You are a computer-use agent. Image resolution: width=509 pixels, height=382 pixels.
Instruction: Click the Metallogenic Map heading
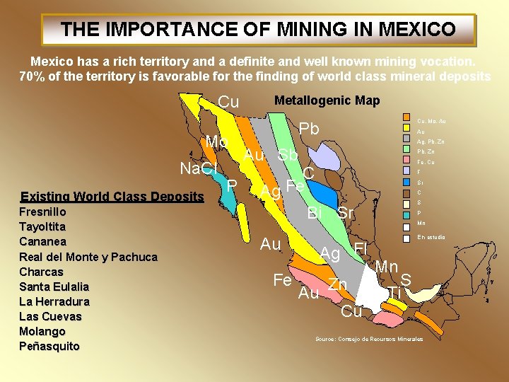point(327,100)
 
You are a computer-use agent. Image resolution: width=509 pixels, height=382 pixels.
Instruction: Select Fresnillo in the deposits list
point(42,212)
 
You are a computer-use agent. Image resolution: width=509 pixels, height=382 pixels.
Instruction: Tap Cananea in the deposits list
point(43,241)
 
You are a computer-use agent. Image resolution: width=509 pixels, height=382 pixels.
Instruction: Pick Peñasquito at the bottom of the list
point(49,346)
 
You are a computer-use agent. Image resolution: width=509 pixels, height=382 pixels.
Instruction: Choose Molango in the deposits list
point(42,331)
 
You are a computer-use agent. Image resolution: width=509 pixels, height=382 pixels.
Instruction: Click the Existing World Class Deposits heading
point(112,197)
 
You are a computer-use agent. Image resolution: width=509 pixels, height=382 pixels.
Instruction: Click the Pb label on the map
point(310,129)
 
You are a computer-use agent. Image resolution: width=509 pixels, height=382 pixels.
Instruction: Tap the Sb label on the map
point(288,156)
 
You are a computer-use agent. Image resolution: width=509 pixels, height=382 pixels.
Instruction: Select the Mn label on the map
point(387,267)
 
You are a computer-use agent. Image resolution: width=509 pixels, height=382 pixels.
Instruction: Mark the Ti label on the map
point(394,292)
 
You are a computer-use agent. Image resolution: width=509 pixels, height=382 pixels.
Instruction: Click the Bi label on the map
point(315,213)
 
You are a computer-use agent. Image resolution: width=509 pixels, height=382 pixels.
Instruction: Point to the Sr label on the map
point(346,213)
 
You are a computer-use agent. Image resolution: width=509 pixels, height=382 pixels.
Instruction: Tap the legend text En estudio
point(431,237)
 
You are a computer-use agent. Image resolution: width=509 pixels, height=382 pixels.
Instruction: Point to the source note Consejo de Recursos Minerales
point(369,340)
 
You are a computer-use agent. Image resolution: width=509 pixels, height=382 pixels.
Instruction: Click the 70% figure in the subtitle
point(33,76)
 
